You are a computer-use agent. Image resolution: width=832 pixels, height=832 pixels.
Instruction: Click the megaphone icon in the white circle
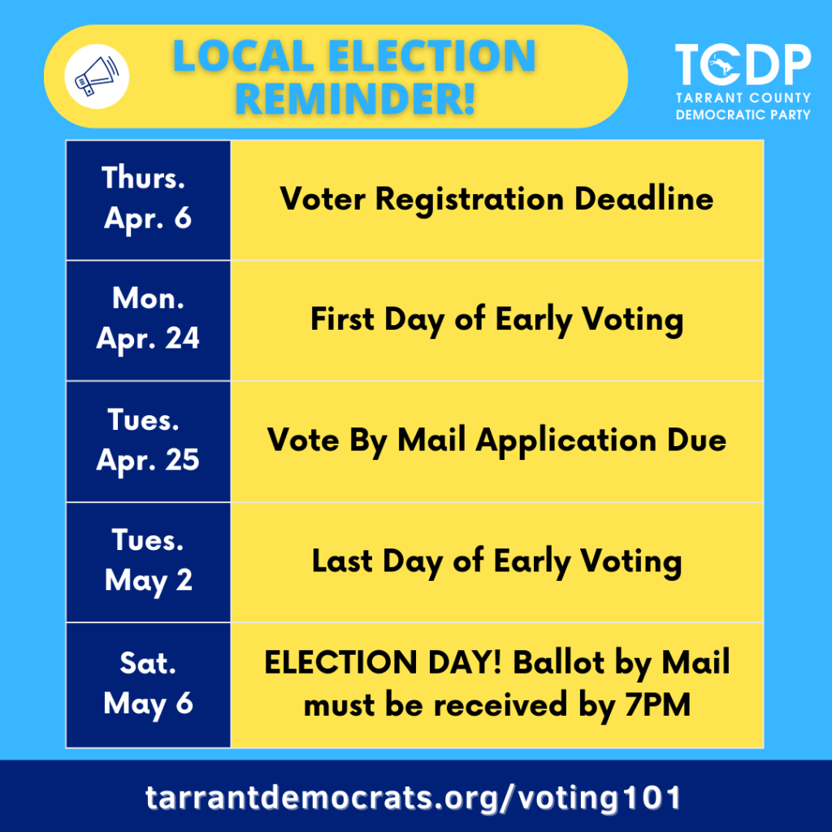97,76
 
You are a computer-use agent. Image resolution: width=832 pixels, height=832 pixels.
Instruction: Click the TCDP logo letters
743,64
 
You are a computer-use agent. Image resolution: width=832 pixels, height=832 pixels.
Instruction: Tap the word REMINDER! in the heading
355,98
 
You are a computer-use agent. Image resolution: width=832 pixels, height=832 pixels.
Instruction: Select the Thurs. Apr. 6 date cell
148,200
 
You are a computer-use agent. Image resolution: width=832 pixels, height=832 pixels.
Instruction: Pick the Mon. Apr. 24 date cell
148,320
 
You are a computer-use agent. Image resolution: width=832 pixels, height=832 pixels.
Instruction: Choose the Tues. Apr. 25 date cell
148,441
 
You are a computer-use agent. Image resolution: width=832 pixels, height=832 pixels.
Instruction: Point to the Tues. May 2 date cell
148,562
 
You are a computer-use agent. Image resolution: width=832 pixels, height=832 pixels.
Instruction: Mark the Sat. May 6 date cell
148,685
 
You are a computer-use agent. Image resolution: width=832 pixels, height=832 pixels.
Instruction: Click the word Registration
470,201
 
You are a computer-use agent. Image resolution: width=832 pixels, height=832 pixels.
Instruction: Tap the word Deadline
644,199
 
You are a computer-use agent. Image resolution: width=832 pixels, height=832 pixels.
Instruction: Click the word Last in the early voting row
342,561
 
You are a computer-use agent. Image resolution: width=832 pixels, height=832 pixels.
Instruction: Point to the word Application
566,441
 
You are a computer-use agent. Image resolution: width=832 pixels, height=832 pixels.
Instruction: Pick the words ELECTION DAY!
383,662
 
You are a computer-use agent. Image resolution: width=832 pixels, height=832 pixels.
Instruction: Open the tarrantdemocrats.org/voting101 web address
414,798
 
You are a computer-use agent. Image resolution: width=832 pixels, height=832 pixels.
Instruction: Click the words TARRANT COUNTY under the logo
743,98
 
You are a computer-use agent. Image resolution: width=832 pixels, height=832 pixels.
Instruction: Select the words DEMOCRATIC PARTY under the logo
743,115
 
